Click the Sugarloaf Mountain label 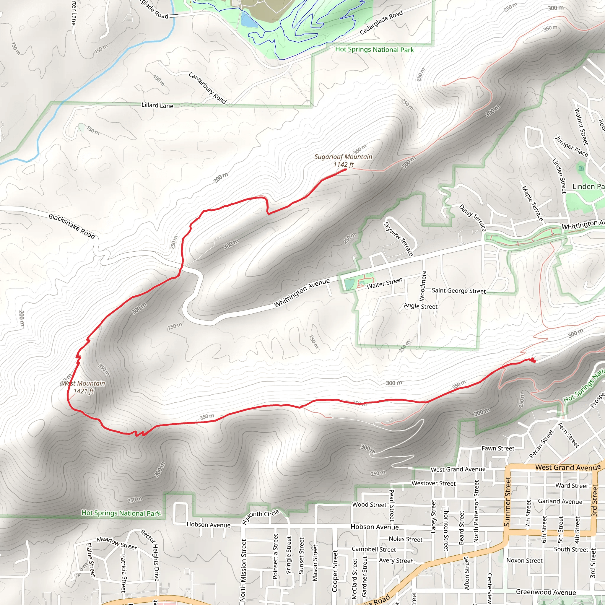coord(343,160)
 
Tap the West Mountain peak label coord(83,387)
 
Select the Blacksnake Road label coord(72,226)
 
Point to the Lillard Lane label coord(157,105)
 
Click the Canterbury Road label coord(207,88)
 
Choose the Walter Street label coord(384,283)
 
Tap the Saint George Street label coord(458,291)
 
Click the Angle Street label coord(421,306)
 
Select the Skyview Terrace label coord(398,239)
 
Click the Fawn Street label coord(497,448)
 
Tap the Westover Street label coord(433,484)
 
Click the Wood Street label coord(369,505)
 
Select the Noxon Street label coord(524,560)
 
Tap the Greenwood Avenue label coord(546,592)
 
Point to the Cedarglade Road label coord(381,22)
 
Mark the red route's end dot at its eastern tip coord(534,361)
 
